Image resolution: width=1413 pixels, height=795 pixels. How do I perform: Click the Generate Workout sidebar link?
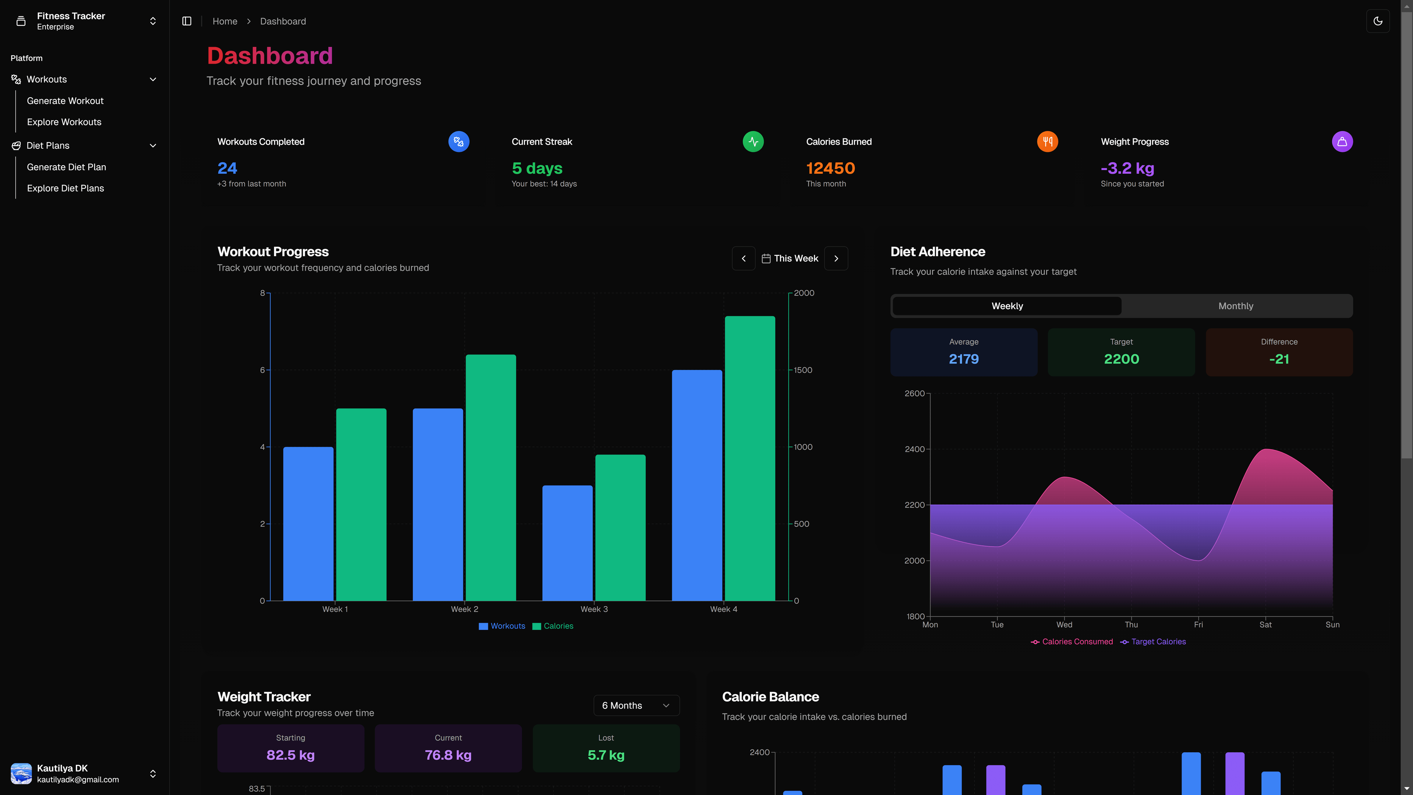click(65, 101)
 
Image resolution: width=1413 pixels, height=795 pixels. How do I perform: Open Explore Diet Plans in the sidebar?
click(65, 188)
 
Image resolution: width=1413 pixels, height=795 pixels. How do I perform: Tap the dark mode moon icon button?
click(1377, 21)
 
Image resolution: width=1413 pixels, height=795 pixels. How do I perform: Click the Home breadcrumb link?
click(225, 21)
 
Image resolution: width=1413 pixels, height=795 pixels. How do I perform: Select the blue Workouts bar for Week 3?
click(567, 543)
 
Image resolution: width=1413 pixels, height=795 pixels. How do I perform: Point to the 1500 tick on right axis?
click(803, 370)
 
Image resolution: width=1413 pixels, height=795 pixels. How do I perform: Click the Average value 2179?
click(963, 359)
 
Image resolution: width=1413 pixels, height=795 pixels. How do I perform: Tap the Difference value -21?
click(1279, 359)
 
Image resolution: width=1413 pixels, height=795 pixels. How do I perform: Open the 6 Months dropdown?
click(636, 706)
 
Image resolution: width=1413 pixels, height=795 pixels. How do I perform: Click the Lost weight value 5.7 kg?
click(606, 755)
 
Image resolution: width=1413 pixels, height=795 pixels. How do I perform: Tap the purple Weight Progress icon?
click(1342, 142)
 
